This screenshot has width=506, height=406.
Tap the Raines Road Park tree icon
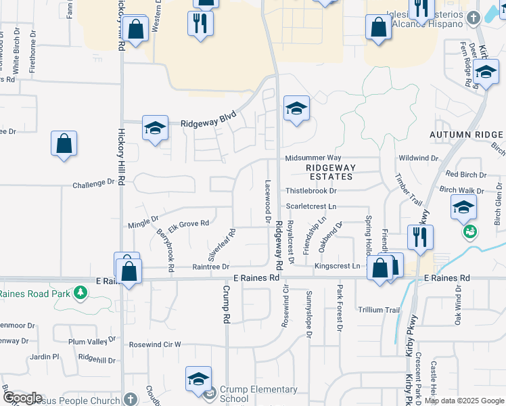click(x=81, y=293)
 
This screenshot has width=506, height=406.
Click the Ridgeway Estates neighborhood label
click(x=329, y=172)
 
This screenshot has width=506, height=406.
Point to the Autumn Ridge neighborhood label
click(x=467, y=135)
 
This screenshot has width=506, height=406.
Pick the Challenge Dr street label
click(x=93, y=183)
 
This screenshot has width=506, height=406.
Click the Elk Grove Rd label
click(x=189, y=223)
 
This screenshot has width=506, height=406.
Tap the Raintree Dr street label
click(x=211, y=267)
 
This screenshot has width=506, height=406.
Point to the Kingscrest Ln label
click(x=336, y=267)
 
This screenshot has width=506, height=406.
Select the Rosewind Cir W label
click(x=155, y=344)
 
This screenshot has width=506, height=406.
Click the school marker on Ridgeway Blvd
click(x=155, y=128)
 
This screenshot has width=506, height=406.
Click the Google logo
click(x=22, y=398)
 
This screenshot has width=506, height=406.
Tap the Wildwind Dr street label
click(x=419, y=158)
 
